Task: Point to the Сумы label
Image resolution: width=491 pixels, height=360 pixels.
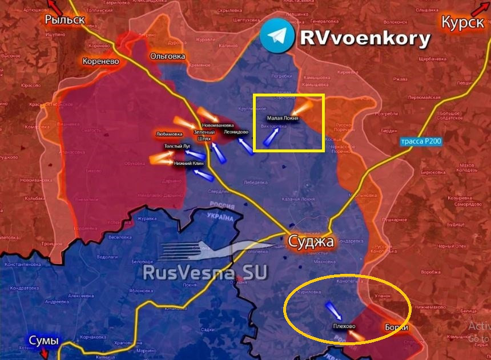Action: [44, 341]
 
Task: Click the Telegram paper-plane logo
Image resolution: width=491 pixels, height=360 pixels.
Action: [276, 37]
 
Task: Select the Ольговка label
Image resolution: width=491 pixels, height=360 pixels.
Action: [167, 56]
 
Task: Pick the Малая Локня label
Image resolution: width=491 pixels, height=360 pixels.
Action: [283, 118]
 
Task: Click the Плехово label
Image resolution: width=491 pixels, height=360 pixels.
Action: [344, 326]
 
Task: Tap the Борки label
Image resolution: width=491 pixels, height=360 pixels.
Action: [396, 327]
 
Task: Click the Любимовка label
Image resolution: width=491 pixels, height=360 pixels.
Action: [170, 134]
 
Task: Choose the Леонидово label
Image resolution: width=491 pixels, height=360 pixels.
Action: [236, 132]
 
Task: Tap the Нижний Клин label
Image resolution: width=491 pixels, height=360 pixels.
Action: [190, 164]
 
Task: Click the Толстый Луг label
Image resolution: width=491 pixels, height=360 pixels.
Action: [178, 147]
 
